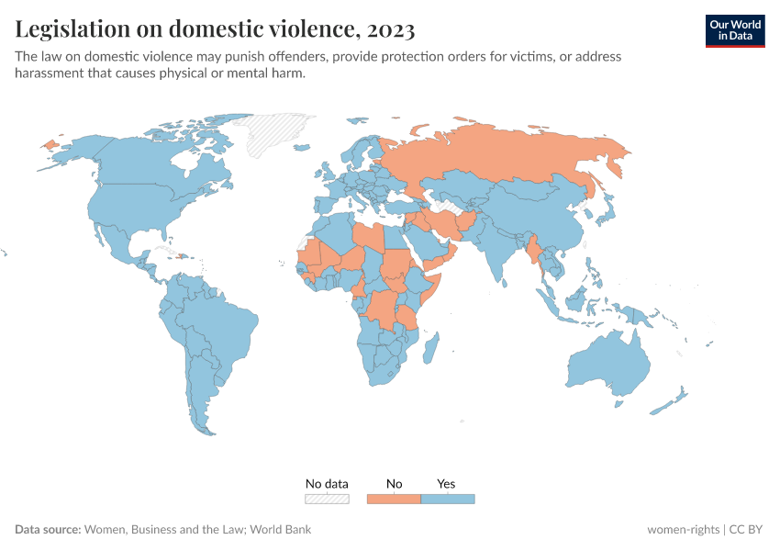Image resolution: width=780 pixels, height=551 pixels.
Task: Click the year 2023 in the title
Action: coord(389,29)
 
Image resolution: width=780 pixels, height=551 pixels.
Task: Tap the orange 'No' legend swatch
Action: coord(394,499)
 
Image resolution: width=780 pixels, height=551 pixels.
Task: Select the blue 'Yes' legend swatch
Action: coord(447,499)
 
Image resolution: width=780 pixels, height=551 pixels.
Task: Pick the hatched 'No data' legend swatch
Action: coord(328,499)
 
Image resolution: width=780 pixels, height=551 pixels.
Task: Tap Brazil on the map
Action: coord(225,321)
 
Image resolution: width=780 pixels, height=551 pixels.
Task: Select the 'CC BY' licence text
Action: coord(747,530)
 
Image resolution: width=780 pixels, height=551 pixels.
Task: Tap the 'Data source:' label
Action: coord(48,530)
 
